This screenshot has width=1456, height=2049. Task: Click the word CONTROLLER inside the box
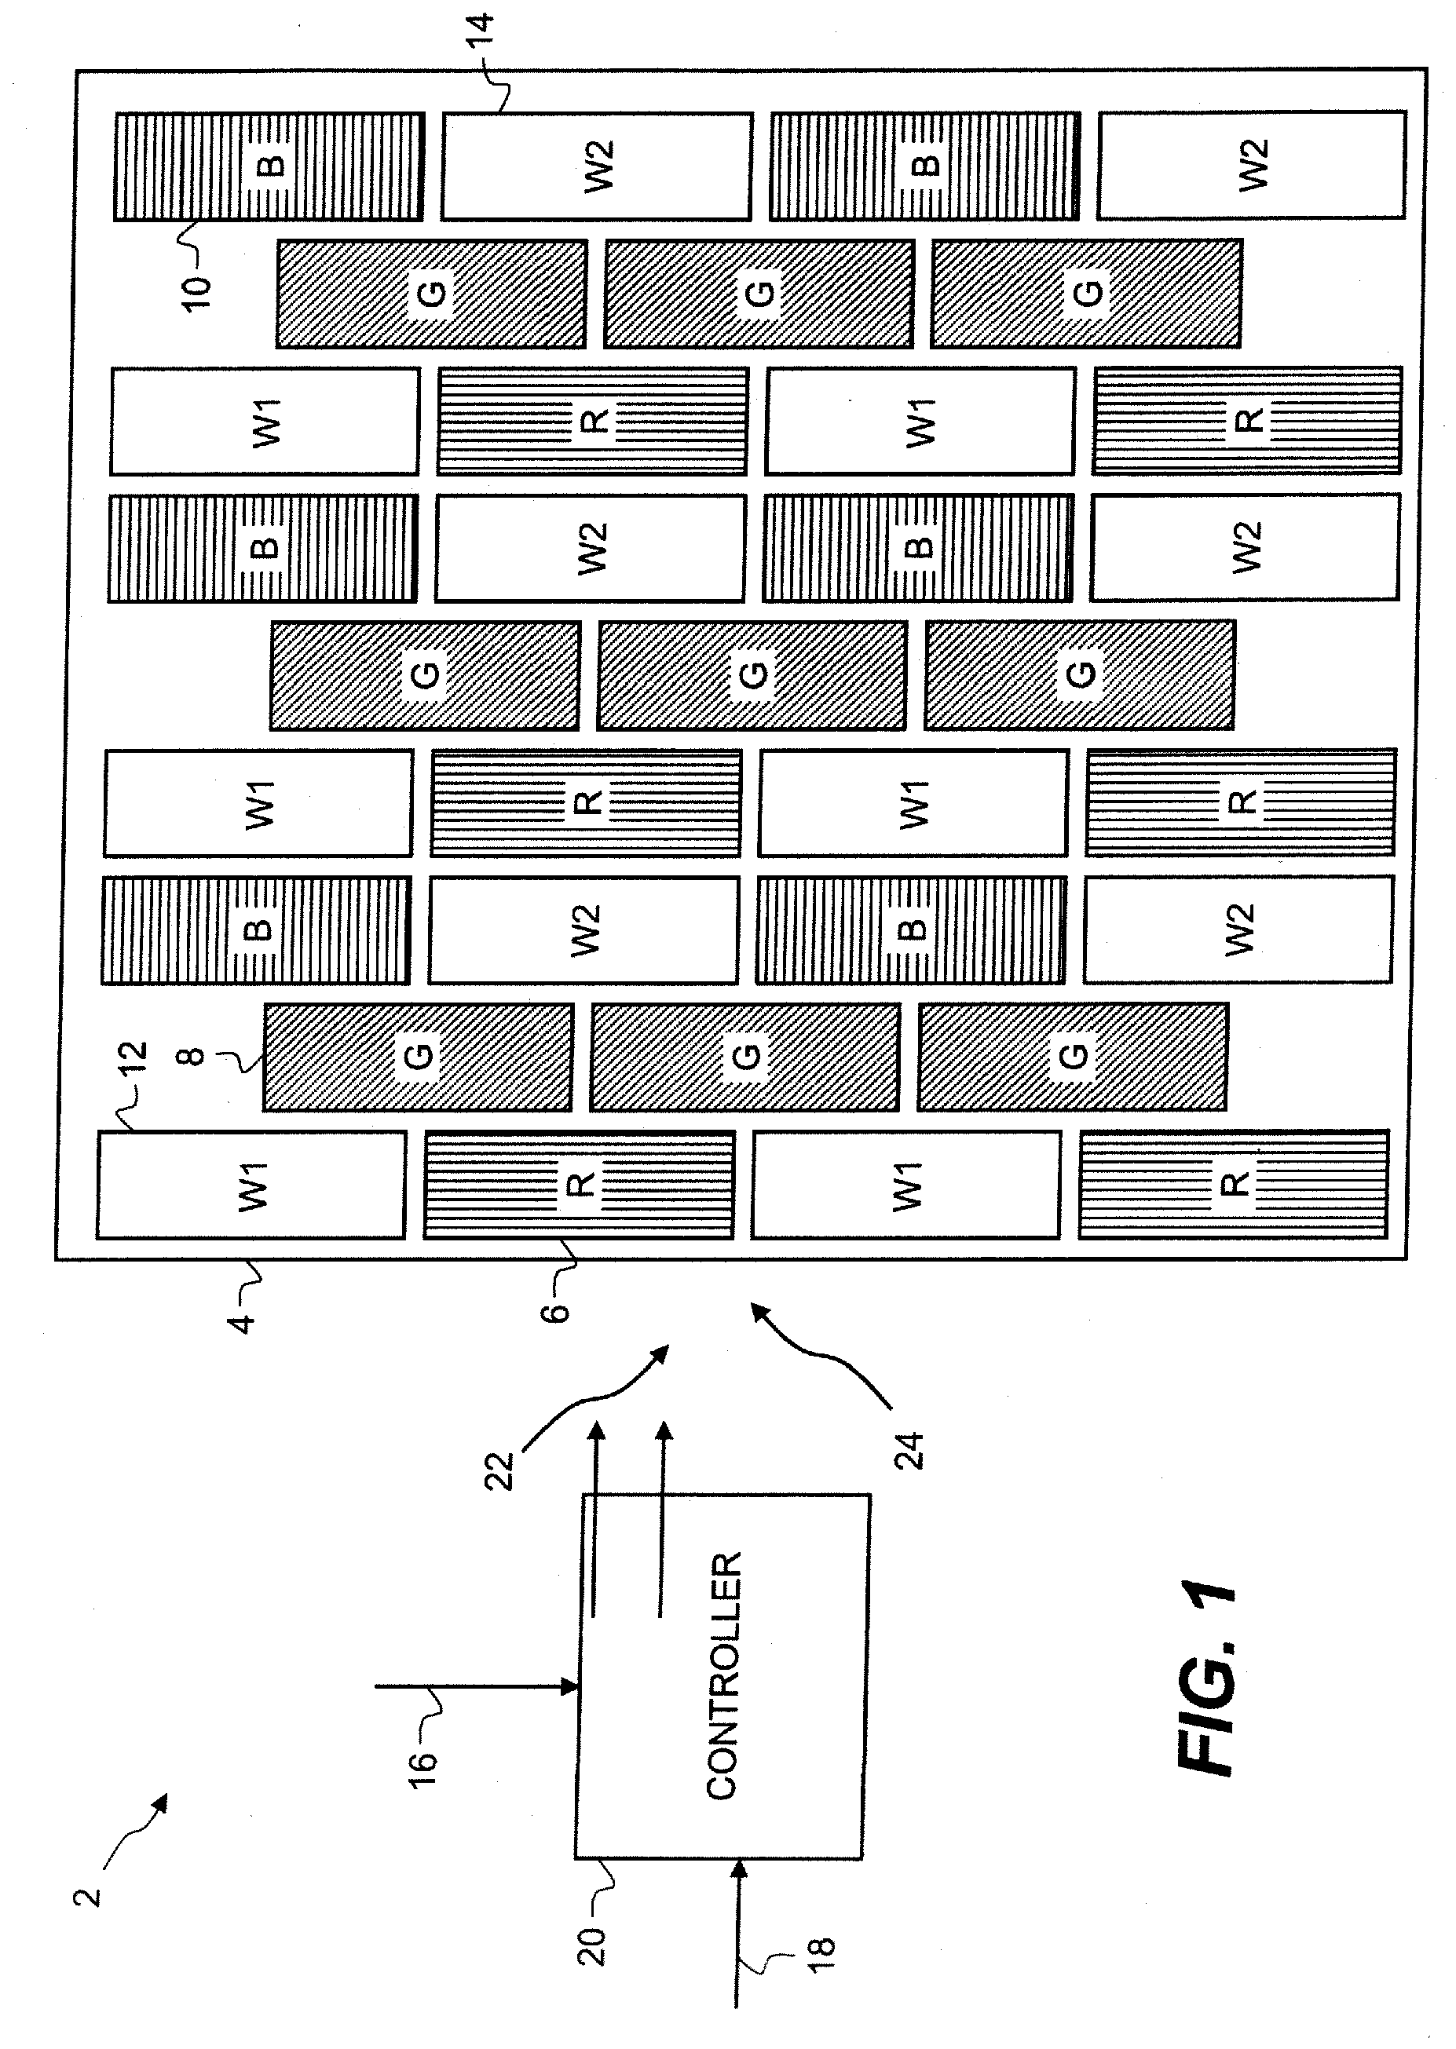coord(723,1677)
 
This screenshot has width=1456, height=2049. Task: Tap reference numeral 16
coord(423,1771)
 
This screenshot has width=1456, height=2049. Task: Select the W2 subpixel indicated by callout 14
coord(597,166)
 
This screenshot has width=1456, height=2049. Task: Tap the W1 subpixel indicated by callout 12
coord(252,1185)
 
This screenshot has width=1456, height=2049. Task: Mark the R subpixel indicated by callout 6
coord(579,1185)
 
